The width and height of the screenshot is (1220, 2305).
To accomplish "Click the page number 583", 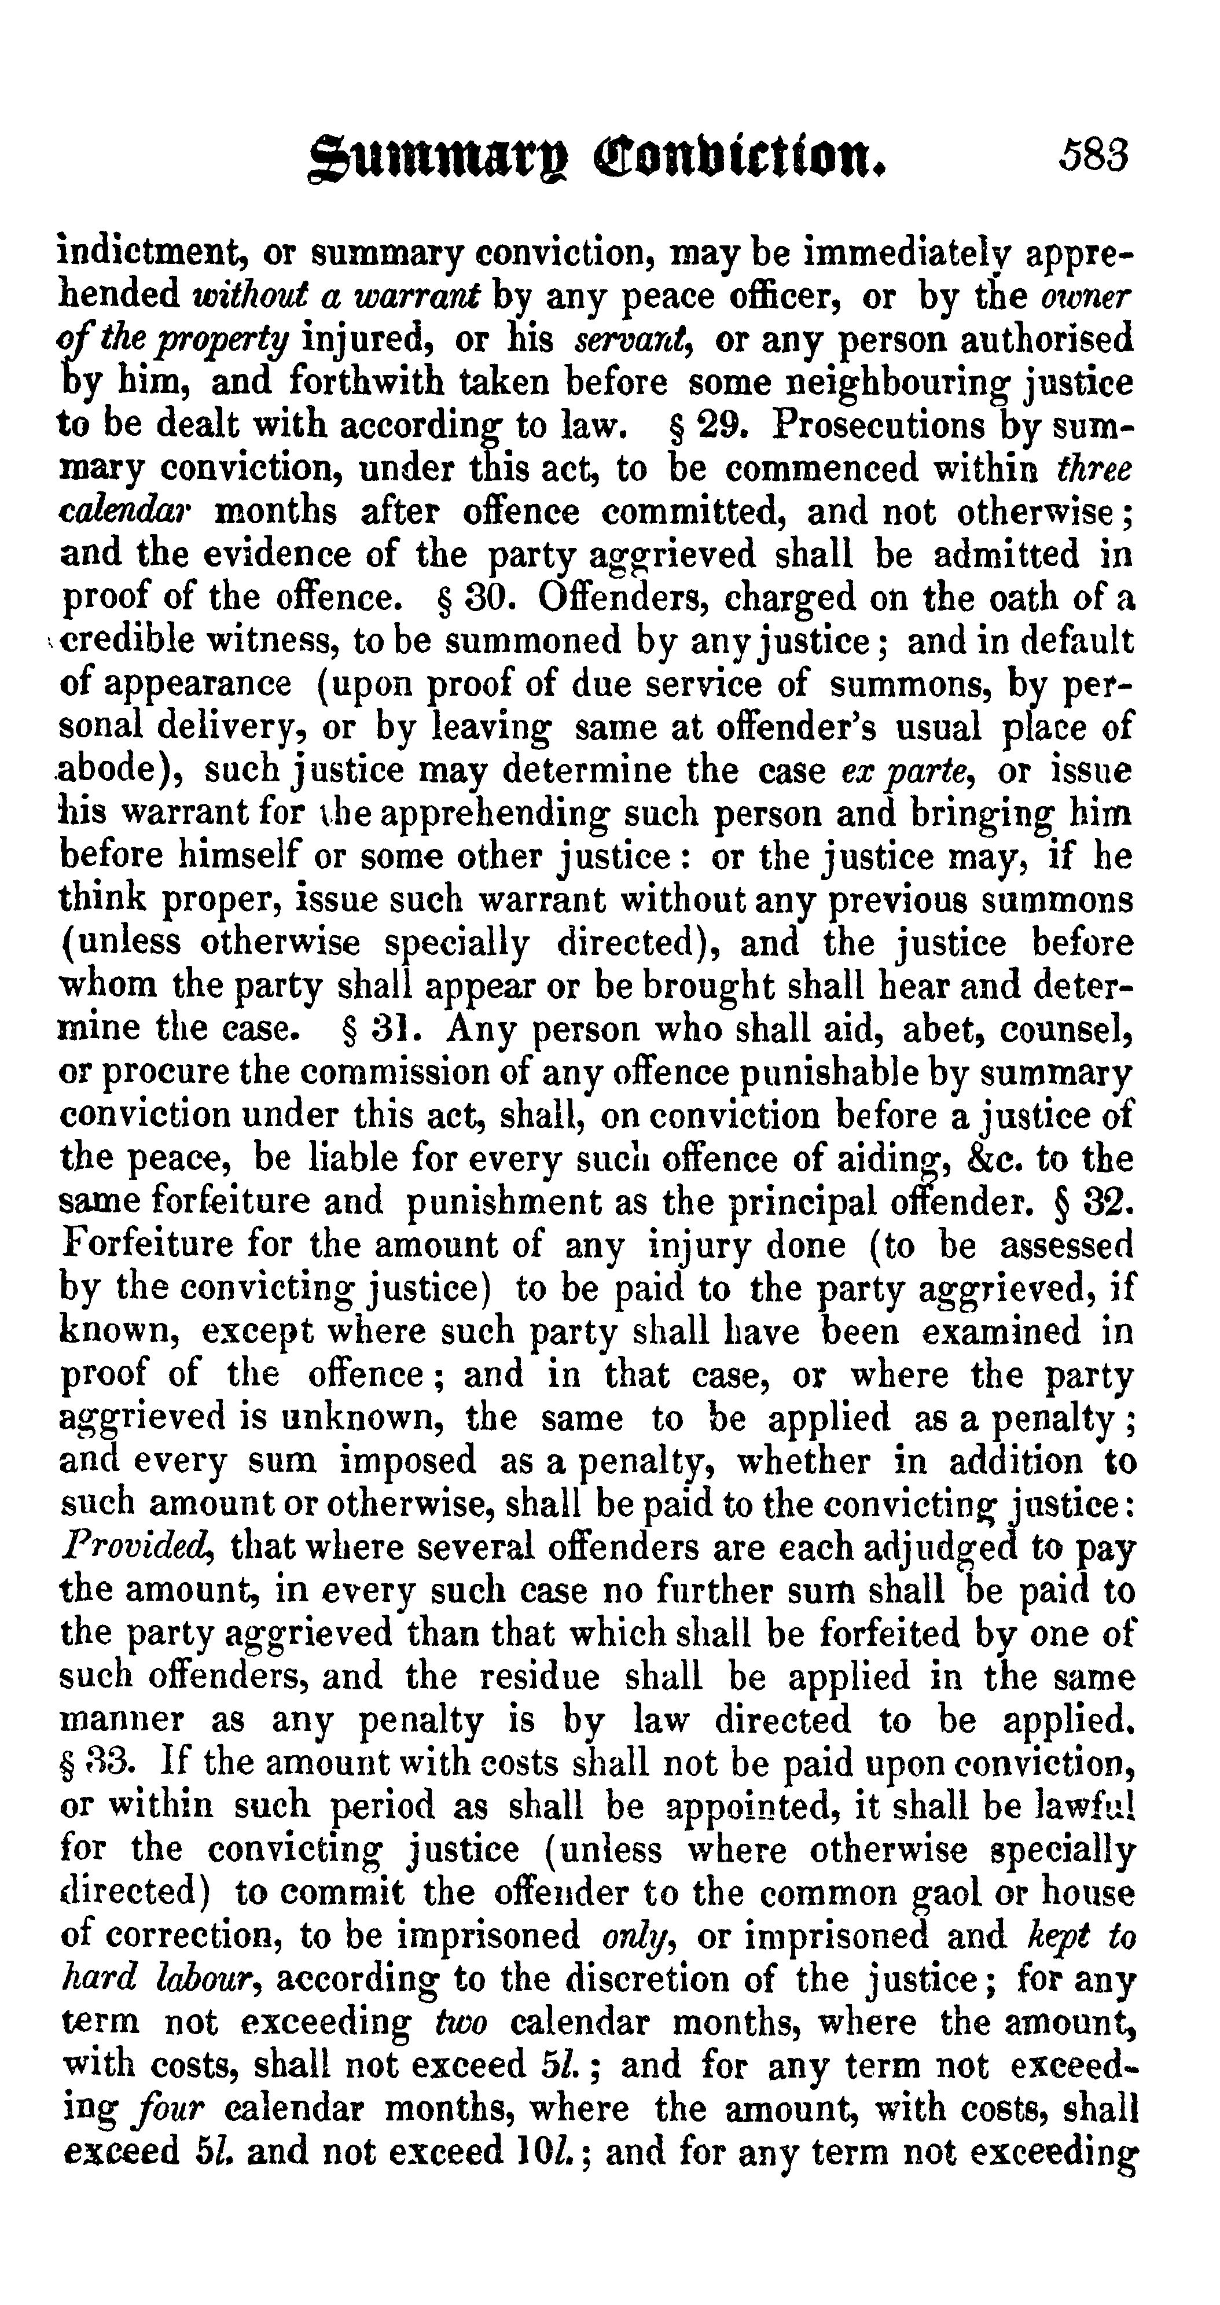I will pyautogui.click(x=1094, y=155).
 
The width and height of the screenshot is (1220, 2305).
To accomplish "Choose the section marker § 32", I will pyautogui.click(x=1094, y=1201).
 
